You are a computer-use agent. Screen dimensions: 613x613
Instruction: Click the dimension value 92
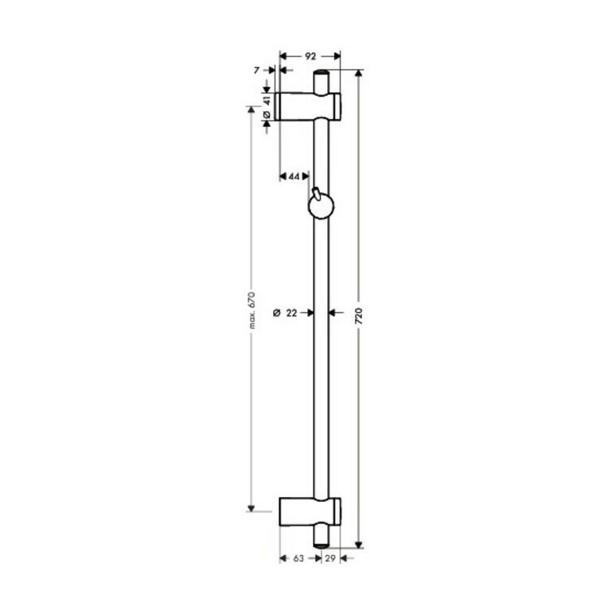click(310, 56)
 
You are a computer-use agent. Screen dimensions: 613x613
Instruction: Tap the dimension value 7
click(256, 71)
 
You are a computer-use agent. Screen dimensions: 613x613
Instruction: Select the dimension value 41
click(267, 100)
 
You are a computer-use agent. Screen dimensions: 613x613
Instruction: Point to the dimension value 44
click(294, 177)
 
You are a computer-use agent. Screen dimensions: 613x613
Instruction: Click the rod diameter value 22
click(291, 313)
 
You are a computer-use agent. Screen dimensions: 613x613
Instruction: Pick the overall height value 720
click(359, 316)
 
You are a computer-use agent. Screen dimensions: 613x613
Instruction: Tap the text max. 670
click(252, 310)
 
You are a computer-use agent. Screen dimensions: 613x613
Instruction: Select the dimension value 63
click(299, 559)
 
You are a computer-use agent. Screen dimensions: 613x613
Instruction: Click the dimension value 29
click(330, 559)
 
